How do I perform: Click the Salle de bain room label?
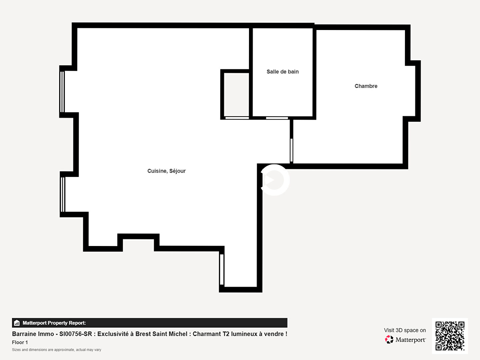[283, 72]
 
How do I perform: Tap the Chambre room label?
[366, 86]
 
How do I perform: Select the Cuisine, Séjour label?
[166, 171]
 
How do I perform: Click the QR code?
[450, 336]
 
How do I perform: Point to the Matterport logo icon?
[389, 339]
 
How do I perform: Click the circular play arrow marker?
[274, 180]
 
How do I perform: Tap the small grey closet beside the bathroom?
[236, 95]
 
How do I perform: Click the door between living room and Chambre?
[291, 150]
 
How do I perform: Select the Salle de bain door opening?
[277, 118]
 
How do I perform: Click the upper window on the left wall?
[62, 92]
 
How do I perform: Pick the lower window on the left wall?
[63, 194]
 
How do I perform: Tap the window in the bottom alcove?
[222, 270]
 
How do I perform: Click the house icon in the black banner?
[17, 323]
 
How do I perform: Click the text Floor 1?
[20, 342]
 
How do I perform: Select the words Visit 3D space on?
[405, 330]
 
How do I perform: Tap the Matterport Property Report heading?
[54, 323]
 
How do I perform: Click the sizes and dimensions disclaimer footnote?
[56, 350]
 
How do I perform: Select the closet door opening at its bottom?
[237, 118]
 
